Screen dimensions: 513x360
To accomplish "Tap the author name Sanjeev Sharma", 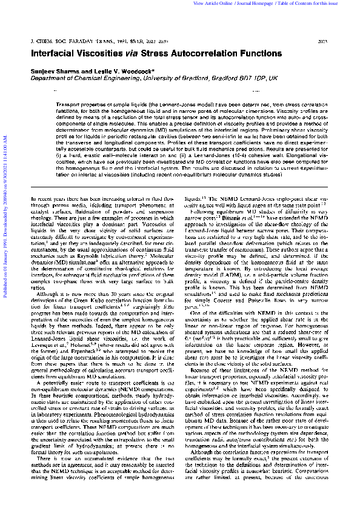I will point(52,72).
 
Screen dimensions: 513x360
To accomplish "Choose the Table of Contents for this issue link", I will point(319,4).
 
